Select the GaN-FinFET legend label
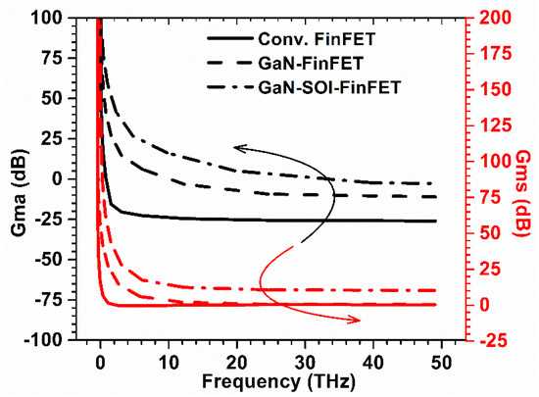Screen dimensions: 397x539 pos(305,64)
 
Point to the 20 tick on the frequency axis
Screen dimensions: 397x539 pos(237,358)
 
